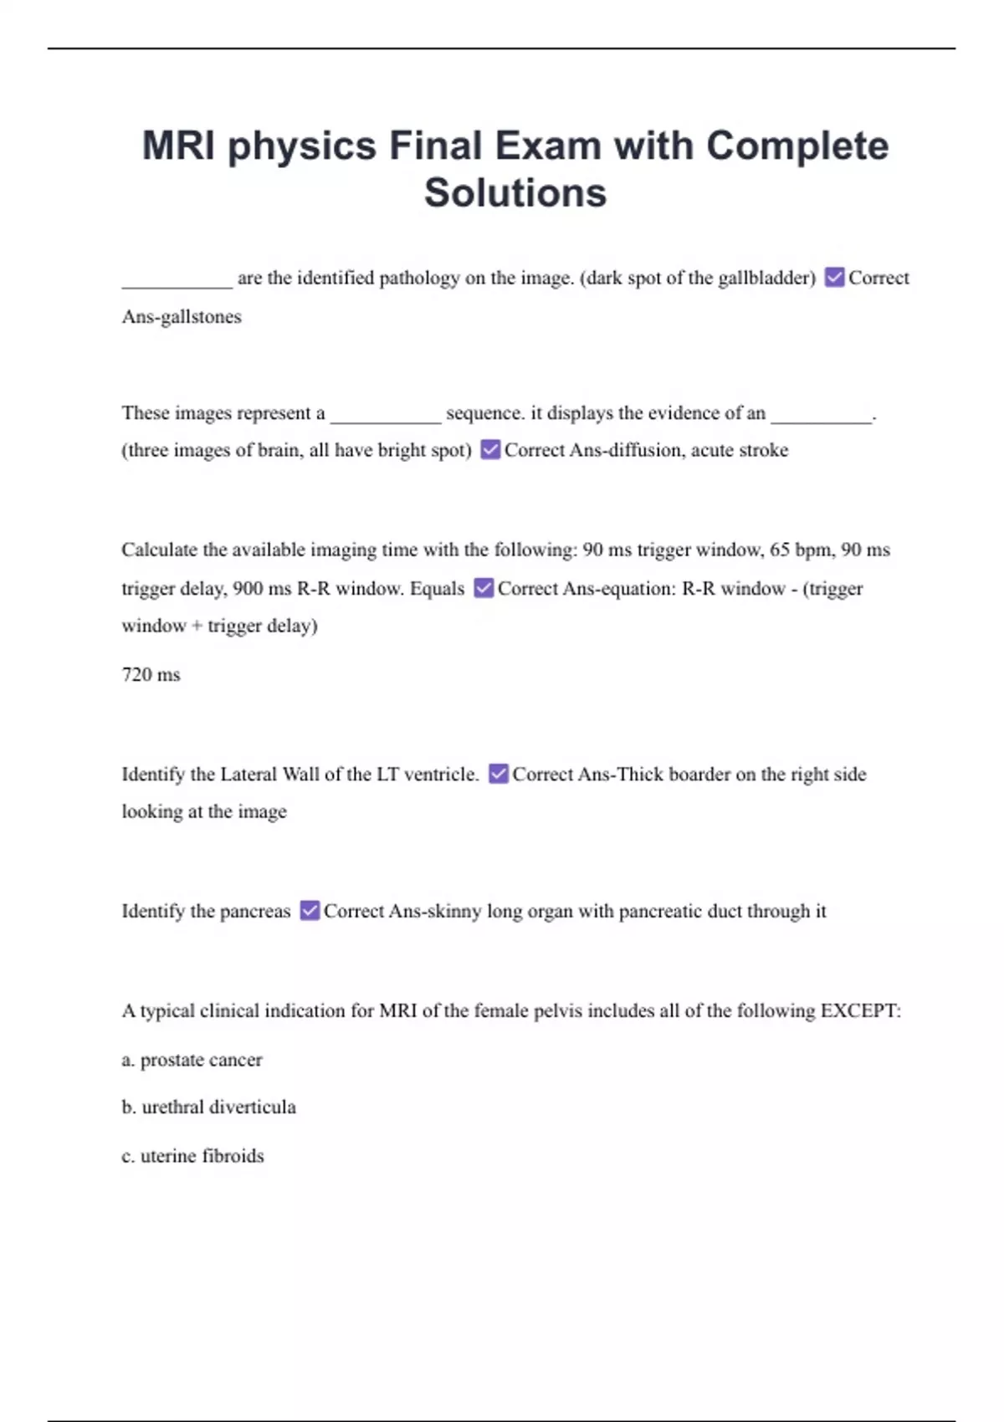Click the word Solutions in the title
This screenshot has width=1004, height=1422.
[x=515, y=193]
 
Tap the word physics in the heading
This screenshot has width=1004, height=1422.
[x=302, y=146]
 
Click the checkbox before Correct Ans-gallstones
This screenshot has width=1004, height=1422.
[x=834, y=278]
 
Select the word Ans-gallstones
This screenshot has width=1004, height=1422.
[x=182, y=317]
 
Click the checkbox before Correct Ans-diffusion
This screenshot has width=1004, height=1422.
[x=490, y=450]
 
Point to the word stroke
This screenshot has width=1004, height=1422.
[x=763, y=450]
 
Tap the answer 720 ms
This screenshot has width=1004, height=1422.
[x=151, y=674]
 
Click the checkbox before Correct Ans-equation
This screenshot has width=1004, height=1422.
[x=484, y=588]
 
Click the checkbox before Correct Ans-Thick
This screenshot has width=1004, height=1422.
[x=498, y=774]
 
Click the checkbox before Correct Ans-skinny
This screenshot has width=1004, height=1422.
[x=310, y=910]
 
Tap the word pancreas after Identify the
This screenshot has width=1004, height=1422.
[x=255, y=911]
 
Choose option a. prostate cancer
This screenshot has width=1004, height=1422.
[x=192, y=1060]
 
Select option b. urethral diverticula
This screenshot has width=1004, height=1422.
[x=208, y=1107]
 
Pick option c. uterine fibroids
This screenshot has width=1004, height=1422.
[x=192, y=1155]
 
